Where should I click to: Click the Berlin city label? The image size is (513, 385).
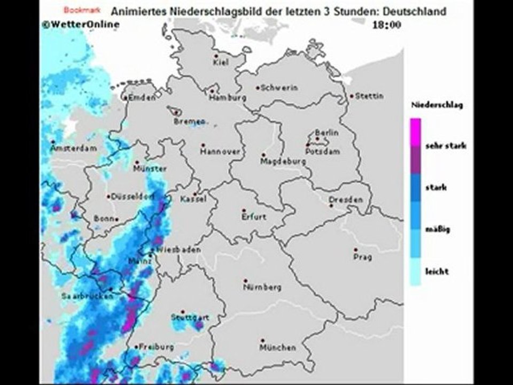click(327, 133)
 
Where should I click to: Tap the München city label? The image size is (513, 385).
click(277, 348)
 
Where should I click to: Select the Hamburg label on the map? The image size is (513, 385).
click(228, 98)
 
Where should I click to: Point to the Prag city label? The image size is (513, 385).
click(362, 257)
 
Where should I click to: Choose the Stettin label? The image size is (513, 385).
click(370, 96)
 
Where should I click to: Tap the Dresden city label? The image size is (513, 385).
click(346, 199)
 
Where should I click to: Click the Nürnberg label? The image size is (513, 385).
click(262, 287)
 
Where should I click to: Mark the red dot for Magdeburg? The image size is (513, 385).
click(263, 155)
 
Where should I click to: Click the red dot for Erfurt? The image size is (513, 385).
click(244, 211)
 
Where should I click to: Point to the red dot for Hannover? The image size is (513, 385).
click(203, 145)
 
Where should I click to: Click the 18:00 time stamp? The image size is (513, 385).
click(387, 25)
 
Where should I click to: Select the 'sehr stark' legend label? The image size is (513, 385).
click(446, 145)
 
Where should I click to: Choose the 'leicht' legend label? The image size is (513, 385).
click(437, 271)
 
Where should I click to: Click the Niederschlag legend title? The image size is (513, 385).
click(437, 105)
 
